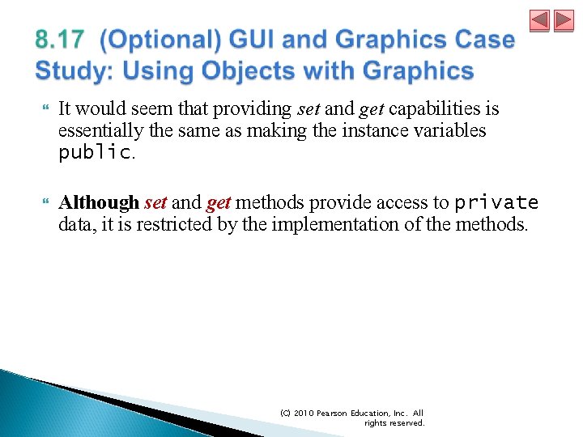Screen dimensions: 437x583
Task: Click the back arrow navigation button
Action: coord(540,20)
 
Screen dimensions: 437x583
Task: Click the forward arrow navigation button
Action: coord(564,20)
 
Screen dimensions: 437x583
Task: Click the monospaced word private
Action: coord(496,202)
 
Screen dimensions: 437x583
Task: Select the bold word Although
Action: coord(99,202)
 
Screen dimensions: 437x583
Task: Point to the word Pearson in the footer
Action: coord(336,413)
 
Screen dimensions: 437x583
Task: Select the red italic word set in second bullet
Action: coord(155,202)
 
